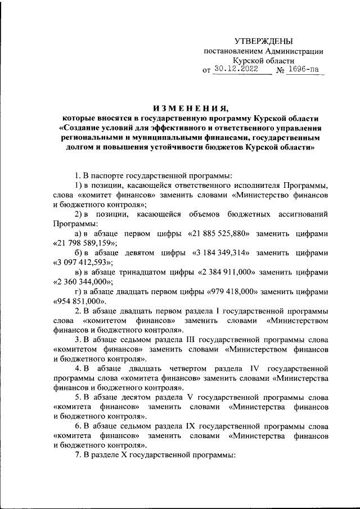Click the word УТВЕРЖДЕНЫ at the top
point(264,41)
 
